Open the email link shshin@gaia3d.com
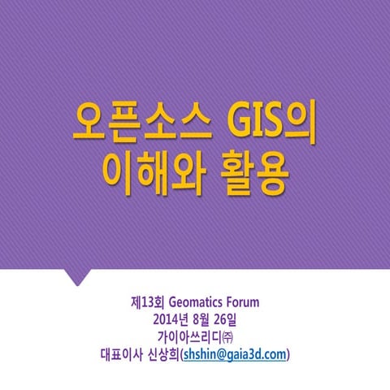(x=235, y=354)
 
